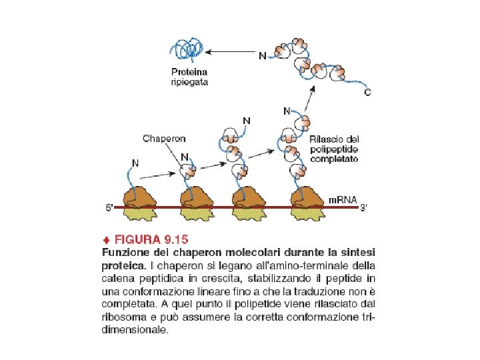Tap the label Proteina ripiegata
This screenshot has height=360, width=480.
click(189, 77)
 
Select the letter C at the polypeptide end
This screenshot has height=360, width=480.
click(367, 93)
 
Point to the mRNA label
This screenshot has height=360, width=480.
click(343, 199)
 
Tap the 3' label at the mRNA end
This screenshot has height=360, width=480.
click(363, 208)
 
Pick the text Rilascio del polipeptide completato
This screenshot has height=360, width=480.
click(335, 150)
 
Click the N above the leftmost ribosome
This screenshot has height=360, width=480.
click(135, 162)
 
